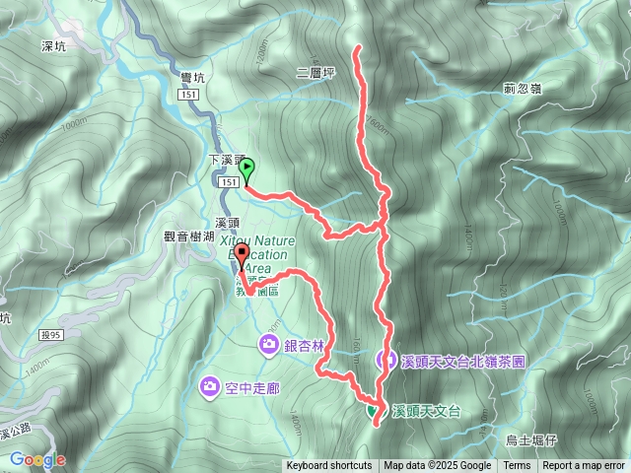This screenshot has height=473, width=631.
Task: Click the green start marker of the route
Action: coord(246,169)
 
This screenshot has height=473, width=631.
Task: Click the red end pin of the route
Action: coord(242,253)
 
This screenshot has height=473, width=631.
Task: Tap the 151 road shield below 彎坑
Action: coord(190,94)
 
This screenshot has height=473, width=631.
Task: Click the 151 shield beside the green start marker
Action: coord(228,182)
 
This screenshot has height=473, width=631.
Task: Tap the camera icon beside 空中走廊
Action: coord(210,384)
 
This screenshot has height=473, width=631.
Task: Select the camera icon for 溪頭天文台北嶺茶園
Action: coord(386,361)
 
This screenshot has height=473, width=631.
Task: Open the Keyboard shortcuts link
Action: coord(329,466)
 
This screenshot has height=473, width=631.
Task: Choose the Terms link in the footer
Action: coord(516,466)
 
